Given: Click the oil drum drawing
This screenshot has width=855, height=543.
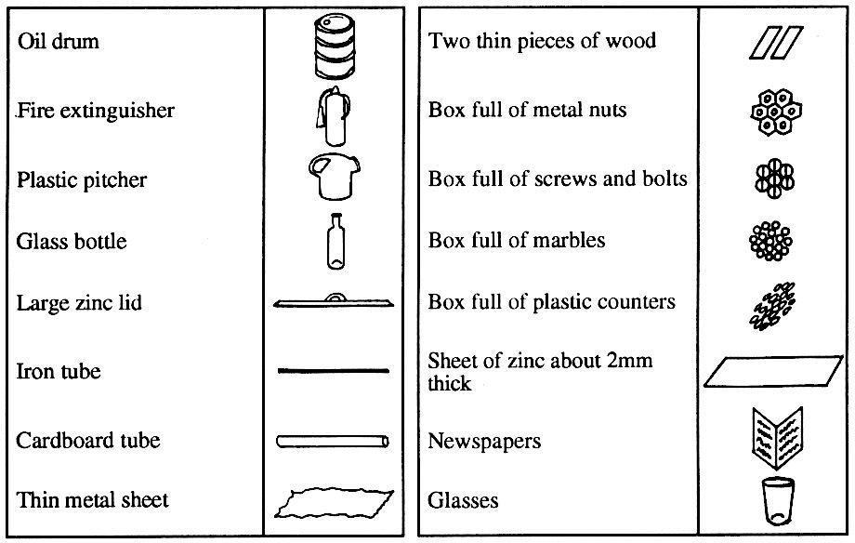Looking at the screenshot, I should coord(334,45).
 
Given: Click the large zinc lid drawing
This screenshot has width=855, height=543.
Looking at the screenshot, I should coord(334,302).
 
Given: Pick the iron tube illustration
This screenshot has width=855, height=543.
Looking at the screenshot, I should coord(334,371).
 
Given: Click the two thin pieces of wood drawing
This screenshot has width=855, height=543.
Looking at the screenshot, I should coord(774,43).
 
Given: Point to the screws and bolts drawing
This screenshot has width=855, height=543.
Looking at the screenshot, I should coord(774,178).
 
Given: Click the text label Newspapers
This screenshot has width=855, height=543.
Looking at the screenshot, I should coord(484,441).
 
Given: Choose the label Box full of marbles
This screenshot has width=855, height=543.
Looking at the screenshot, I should coord(517,240).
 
